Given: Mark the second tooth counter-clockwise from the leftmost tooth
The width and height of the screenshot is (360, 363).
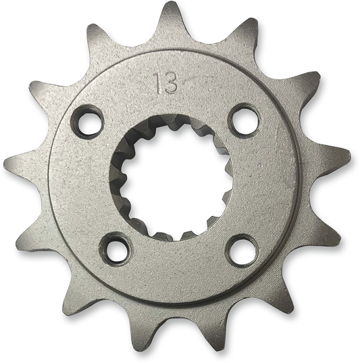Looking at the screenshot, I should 68,298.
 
